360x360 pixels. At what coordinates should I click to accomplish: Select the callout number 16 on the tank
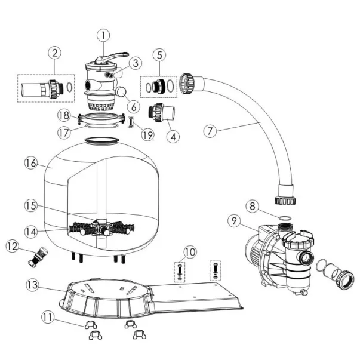[x=30, y=162]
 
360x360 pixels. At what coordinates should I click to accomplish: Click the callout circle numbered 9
[x=233, y=221]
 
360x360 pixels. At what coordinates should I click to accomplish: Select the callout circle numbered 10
[x=190, y=253]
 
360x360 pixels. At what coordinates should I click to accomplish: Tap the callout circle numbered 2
[x=55, y=53]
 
